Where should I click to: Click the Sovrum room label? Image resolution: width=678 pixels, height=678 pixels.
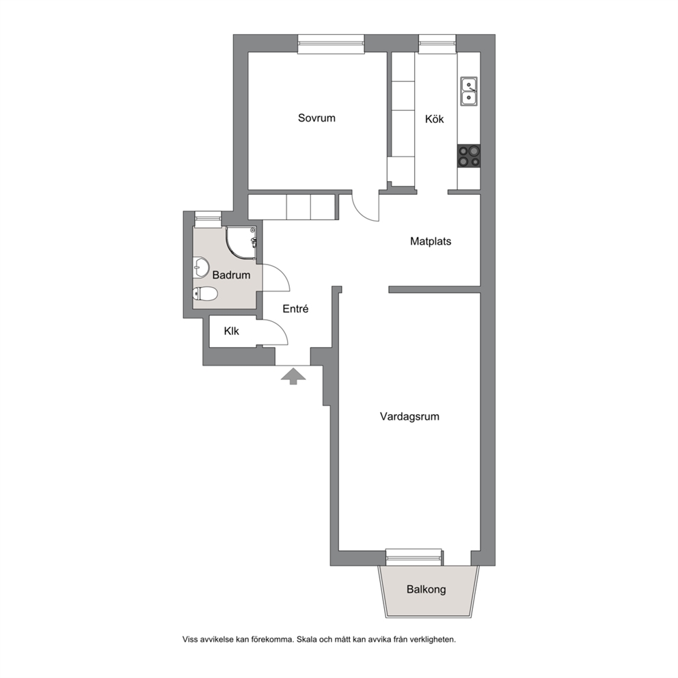pyautogui.click(x=316, y=118)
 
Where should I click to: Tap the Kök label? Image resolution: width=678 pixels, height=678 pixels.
pyautogui.click(x=434, y=119)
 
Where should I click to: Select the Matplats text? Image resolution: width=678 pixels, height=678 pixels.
pyautogui.click(x=430, y=241)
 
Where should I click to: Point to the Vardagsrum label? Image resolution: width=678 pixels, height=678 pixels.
pyautogui.click(x=409, y=416)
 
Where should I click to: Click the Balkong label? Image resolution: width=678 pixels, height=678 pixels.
pyautogui.click(x=426, y=589)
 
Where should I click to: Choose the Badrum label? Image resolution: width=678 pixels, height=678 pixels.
pyautogui.click(x=231, y=275)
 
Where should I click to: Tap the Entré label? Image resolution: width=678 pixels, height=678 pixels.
pyautogui.click(x=295, y=309)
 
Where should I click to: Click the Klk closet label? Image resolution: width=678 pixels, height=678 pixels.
pyautogui.click(x=231, y=331)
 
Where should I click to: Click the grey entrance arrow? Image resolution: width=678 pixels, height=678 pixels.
pyautogui.click(x=293, y=376)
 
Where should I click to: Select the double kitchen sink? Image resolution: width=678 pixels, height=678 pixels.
pyautogui.click(x=469, y=91)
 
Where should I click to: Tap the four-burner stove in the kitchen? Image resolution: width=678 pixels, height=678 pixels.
pyautogui.click(x=469, y=156)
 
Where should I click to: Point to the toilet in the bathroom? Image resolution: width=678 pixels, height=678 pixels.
pyautogui.click(x=204, y=294)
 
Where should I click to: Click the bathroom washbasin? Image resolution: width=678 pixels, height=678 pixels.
pyautogui.click(x=200, y=267)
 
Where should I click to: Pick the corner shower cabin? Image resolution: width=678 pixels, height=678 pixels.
pyautogui.click(x=241, y=243)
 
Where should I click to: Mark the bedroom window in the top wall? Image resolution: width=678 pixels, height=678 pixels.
pyautogui.click(x=331, y=45)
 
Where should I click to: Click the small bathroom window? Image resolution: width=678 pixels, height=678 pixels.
pyautogui.click(x=208, y=219)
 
